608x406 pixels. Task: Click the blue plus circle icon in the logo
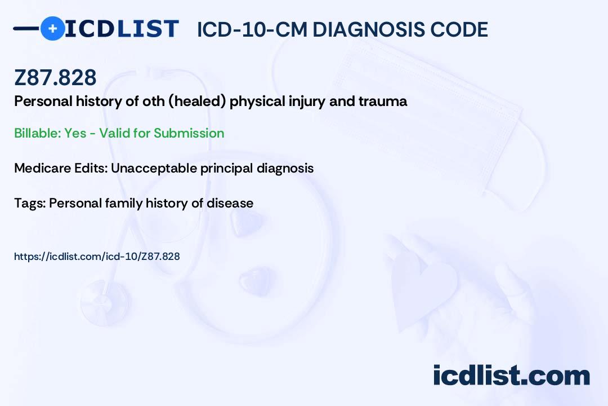(x=52, y=28)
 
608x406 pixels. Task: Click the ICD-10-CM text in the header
(x=252, y=29)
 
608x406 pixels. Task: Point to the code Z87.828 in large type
(x=55, y=77)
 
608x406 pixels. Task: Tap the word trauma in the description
(x=383, y=101)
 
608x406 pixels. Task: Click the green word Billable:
(x=37, y=133)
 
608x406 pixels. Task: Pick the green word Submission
(x=189, y=133)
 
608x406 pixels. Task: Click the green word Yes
(x=75, y=133)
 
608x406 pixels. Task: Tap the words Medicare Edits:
(x=61, y=168)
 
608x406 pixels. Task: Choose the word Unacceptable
(x=154, y=168)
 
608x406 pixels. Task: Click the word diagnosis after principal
(x=285, y=168)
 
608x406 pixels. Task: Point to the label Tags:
(x=30, y=203)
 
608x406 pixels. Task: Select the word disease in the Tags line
(x=230, y=203)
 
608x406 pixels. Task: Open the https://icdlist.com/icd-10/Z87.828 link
(x=97, y=257)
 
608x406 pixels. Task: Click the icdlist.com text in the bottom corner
(x=511, y=375)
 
